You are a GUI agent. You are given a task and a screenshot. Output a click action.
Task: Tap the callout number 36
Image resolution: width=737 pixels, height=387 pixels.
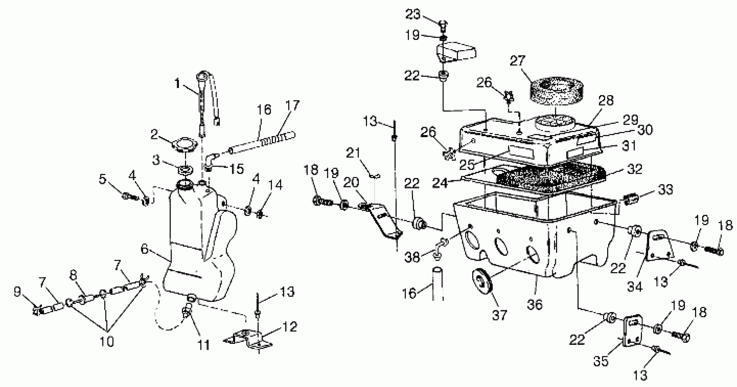pyautogui.click(x=534, y=304)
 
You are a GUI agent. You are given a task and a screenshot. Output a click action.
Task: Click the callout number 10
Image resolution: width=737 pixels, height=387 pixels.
pyautogui.click(x=106, y=341)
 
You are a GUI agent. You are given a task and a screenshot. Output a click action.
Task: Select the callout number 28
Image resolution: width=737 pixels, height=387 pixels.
pyautogui.click(x=606, y=100)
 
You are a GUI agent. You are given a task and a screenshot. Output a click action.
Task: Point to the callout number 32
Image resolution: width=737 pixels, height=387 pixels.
pyautogui.click(x=634, y=169)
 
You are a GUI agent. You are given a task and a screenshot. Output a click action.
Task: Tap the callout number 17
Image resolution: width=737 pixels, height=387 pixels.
pyautogui.click(x=292, y=106)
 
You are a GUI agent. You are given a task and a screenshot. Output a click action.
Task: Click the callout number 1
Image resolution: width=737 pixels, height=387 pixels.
pyautogui.click(x=177, y=84)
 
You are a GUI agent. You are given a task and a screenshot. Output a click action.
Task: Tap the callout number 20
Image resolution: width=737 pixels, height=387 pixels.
pyautogui.click(x=351, y=182)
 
